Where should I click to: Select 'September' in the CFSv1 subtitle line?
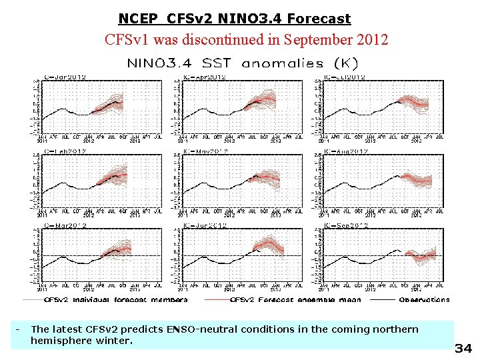(317, 39)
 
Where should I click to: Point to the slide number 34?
(463, 348)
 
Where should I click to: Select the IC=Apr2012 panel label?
(205, 77)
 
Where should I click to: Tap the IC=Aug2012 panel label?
(345, 151)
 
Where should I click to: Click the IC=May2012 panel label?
(205, 151)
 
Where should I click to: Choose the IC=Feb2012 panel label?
(64, 151)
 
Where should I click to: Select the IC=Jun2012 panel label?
(205, 226)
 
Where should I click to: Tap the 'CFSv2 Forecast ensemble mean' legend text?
(295, 300)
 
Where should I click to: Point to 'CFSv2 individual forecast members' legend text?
(115, 300)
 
